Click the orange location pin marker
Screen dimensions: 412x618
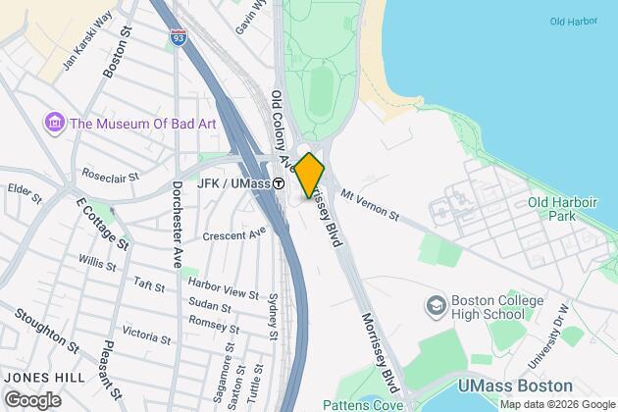pyautogui.click(x=309, y=175)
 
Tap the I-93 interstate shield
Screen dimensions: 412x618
pyautogui.click(x=178, y=38)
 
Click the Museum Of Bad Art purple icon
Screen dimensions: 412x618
pyautogui.click(x=54, y=124)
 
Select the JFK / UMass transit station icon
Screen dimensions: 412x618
pyautogui.click(x=279, y=183)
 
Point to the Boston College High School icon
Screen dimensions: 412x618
pyautogui.click(x=434, y=308)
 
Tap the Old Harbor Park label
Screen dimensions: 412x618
pyautogui.click(x=563, y=210)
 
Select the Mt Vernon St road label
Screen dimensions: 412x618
pyautogui.click(x=369, y=205)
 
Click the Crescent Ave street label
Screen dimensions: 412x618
pyautogui.click(x=234, y=235)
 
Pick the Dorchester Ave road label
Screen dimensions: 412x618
pyautogui.click(x=179, y=224)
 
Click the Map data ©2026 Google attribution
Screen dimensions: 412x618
pyautogui.click(x=555, y=404)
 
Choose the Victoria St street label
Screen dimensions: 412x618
pyautogui.click(x=144, y=334)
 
